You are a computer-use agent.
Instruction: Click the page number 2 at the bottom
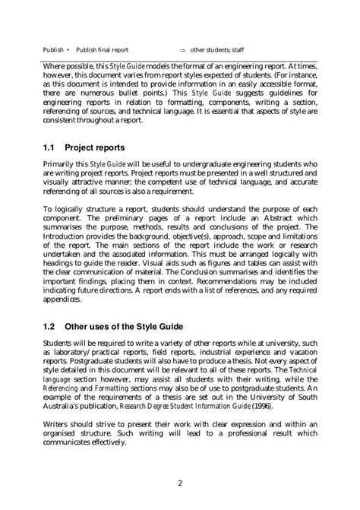(x=180, y=482)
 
